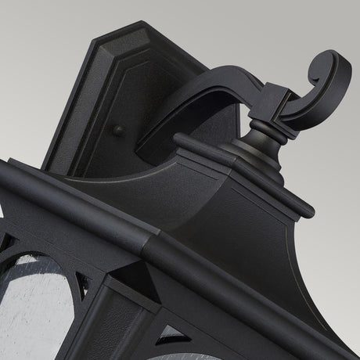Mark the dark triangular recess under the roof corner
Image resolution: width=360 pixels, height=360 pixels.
125,275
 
